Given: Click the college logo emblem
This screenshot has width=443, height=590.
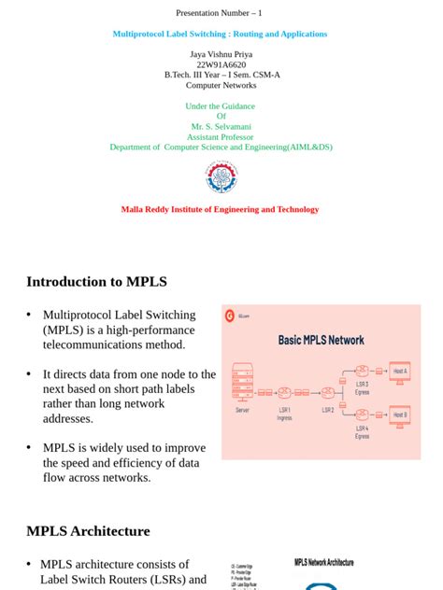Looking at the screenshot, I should click(221, 177).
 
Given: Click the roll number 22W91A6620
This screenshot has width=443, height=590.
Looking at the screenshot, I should click(221, 64).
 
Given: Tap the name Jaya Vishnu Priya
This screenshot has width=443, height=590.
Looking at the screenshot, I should click(221, 54).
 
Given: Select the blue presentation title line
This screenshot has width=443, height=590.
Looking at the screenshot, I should click(221, 34).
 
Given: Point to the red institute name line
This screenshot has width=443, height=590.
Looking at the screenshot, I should click(221, 209).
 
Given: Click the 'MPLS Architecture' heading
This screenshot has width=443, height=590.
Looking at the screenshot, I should click(88, 531).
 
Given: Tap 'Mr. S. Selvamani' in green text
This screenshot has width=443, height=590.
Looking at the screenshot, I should click(221, 126).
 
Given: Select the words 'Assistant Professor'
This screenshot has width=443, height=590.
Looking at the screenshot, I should click(221, 136).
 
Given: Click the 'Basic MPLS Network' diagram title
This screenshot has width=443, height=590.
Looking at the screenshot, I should click(321, 340).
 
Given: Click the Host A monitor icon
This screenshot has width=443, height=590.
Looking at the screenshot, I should click(400, 372).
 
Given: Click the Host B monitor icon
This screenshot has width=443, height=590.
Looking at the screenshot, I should click(400, 414).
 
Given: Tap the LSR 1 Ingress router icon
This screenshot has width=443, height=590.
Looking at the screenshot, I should click(284, 393).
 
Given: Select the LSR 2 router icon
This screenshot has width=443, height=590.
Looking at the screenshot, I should click(327, 393).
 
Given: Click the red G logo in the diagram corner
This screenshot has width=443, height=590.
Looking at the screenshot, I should click(230, 315).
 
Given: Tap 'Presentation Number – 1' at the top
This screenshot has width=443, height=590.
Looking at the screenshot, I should click(220, 13).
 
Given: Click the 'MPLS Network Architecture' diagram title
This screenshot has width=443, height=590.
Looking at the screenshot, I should click(324, 563).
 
